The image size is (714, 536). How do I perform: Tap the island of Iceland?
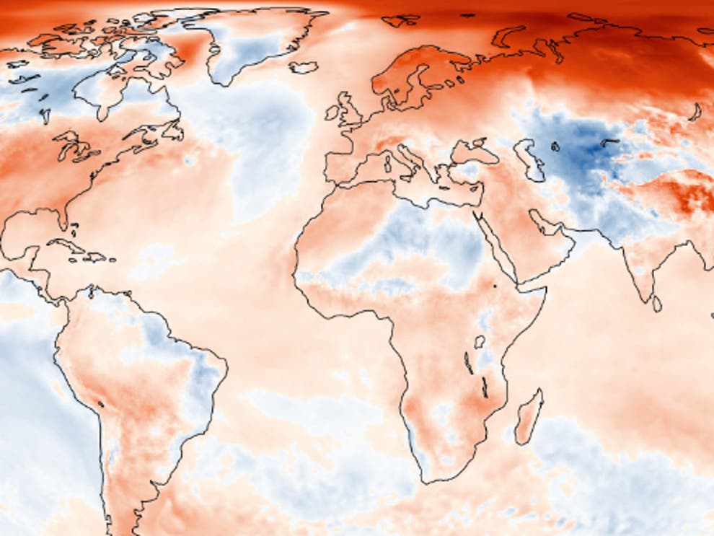tap(303, 67)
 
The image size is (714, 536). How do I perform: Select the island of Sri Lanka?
tap(656, 304)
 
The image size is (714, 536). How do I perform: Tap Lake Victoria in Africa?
tap(480, 342)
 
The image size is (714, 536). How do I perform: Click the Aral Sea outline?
tap(555, 147)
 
